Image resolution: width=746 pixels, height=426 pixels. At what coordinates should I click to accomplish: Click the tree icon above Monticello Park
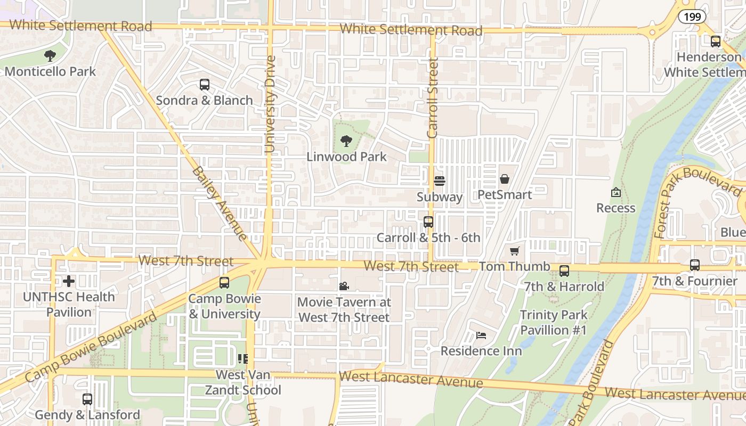click(50, 55)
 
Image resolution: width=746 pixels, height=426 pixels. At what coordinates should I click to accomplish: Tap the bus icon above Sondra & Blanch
click(205, 84)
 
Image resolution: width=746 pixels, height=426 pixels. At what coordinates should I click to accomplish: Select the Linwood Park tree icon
click(346, 141)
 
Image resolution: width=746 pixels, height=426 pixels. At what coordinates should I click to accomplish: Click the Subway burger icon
click(440, 181)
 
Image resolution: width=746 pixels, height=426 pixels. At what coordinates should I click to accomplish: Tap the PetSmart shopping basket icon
click(505, 179)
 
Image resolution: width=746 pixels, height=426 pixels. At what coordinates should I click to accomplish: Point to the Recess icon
click(616, 192)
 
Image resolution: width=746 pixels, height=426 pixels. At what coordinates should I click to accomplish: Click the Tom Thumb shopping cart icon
click(515, 251)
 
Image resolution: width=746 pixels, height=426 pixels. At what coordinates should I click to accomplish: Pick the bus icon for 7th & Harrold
click(564, 271)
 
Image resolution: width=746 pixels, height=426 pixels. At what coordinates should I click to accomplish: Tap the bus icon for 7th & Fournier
click(695, 265)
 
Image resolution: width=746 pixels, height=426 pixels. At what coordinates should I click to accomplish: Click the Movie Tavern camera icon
click(344, 286)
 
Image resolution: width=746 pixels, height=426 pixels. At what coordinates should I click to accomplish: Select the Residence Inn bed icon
click(481, 335)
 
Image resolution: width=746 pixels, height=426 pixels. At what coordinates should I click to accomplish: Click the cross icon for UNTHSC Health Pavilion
click(69, 281)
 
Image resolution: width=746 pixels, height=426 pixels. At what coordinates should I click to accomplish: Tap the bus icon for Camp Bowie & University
click(224, 283)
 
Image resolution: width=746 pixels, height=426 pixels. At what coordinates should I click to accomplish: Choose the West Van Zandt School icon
click(243, 359)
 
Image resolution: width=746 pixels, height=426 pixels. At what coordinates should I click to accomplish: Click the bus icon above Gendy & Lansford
click(87, 399)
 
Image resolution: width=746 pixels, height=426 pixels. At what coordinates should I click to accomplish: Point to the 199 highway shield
click(692, 17)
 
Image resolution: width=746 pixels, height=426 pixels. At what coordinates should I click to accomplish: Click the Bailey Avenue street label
click(220, 204)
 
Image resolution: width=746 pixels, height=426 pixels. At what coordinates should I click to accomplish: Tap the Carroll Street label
click(433, 99)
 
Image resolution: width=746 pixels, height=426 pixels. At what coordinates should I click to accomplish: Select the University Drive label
click(271, 104)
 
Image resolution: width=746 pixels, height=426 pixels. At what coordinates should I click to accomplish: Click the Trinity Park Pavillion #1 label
click(553, 323)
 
